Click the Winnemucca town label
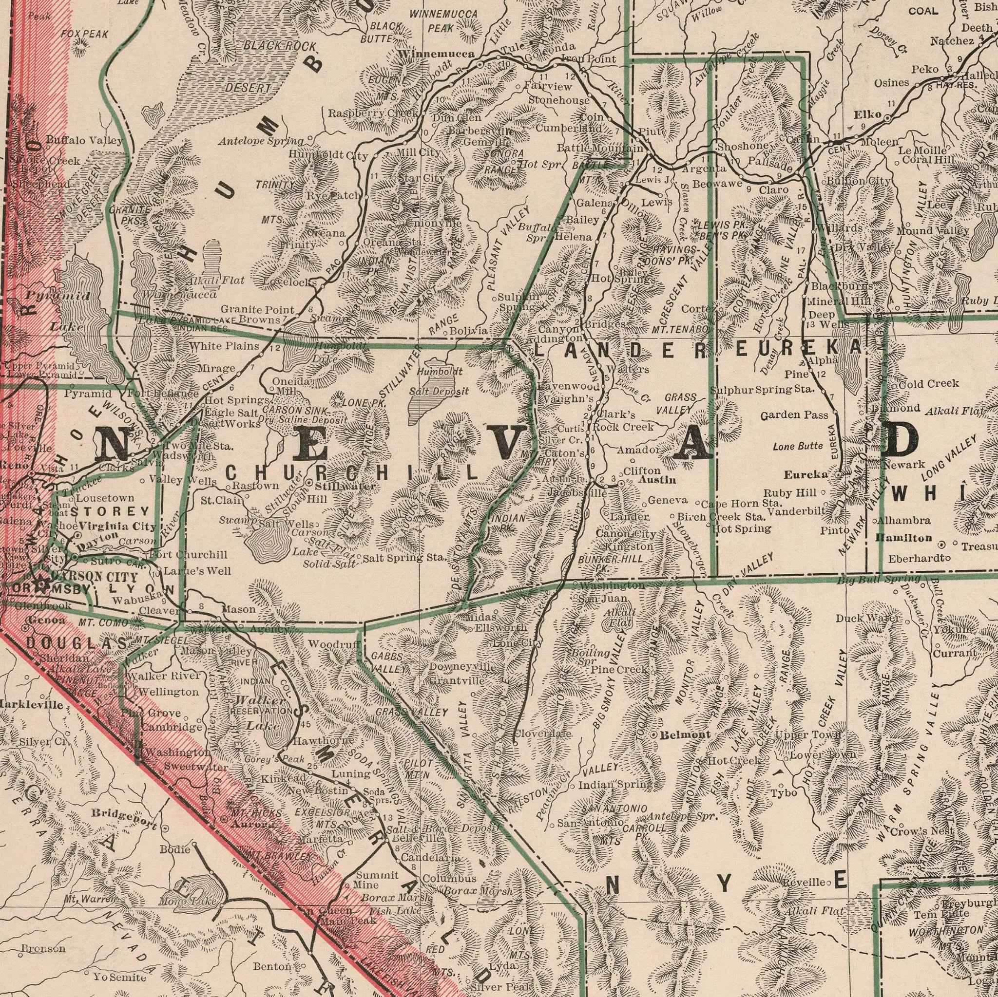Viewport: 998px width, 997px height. point(436,54)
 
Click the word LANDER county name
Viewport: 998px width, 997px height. point(620,352)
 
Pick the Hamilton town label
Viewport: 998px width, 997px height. point(904,538)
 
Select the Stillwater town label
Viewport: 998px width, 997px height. point(345,487)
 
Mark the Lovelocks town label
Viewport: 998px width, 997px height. point(289,282)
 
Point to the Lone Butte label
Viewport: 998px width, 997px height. point(798,446)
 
